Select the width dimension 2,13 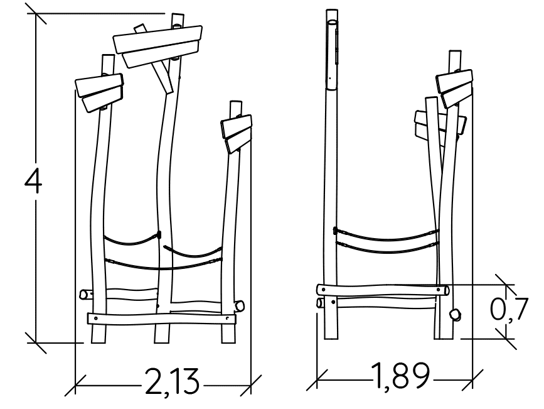pos(172,381)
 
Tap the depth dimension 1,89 pos(401,375)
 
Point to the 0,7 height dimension pos(509,308)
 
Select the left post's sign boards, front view pos(100,92)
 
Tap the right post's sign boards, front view pos(237,133)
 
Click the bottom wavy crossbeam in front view pos(161,319)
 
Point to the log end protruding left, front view pos(86,294)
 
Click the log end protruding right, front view pos(238,306)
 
